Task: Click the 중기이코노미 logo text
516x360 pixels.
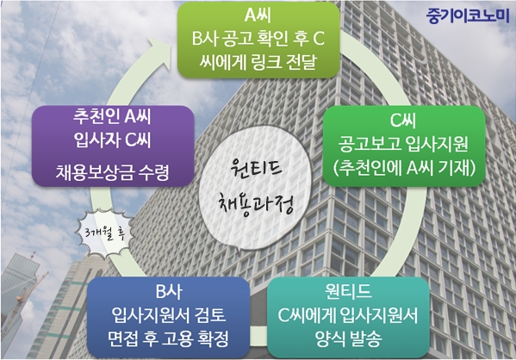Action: [468, 16]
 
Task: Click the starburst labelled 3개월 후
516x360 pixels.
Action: [104, 233]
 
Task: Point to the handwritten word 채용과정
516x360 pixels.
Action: [256, 202]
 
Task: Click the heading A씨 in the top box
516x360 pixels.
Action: [258, 15]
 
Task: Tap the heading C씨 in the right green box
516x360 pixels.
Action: [403, 120]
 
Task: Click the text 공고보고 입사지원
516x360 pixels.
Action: [403, 144]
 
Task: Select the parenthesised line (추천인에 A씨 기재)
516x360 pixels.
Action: [404, 168]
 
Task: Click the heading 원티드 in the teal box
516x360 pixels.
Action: [348, 291]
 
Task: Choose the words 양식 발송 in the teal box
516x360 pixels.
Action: [348, 338]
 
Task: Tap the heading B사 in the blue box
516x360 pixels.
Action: [169, 291]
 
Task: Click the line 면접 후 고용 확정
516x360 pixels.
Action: [168, 338]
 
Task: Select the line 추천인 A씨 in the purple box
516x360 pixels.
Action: [112, 116]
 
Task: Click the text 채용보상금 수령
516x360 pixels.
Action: [112, 171]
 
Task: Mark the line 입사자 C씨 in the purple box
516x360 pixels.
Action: [112, 140]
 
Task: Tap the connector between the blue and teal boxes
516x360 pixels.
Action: [258, 336]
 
